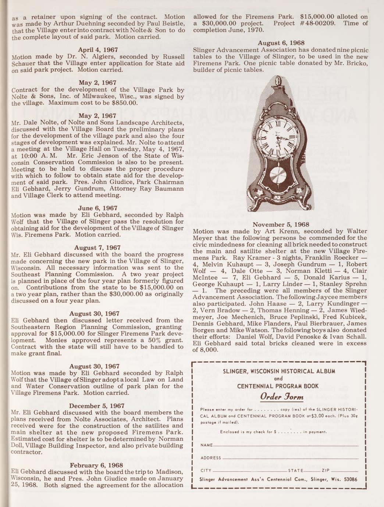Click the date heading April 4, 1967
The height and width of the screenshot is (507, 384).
coord(97,50)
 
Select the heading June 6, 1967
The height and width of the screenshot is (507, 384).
coord(97,208)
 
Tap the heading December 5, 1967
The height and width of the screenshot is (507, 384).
coord(97,406)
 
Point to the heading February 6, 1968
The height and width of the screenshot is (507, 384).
coord(97,465)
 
